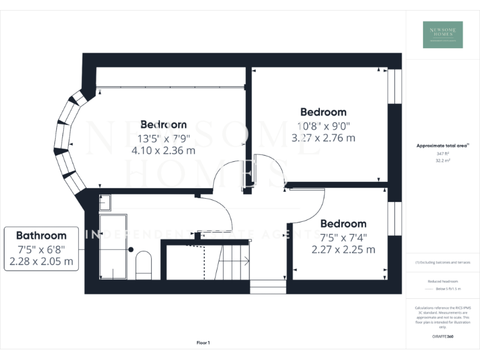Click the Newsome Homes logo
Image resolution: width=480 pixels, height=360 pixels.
coord(442,34)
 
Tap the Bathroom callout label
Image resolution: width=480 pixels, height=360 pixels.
coord(41,236)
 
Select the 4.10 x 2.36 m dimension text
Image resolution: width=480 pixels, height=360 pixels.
coord(163,150)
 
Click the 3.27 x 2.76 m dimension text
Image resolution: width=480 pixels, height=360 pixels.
coord(323,137)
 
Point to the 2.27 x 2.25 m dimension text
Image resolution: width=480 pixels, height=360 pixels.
coord(343,249)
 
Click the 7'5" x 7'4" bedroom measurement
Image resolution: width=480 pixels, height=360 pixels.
coord(343,237)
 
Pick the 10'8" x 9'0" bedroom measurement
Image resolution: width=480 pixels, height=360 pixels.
coord(323,125)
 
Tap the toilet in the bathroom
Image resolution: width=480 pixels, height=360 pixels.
coord(143,264)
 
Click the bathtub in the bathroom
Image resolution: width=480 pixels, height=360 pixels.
coord(113,246)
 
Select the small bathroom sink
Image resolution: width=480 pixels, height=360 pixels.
coord(105,201)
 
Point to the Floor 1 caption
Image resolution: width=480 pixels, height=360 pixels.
coord(203,342)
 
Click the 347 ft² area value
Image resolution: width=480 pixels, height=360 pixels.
coord(442,153)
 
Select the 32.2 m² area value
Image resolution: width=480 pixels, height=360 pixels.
coord(442,160)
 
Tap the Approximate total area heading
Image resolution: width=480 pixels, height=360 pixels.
coord(441,146)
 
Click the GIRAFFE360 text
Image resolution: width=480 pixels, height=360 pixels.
coord(442,337)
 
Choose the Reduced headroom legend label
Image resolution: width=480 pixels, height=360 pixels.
coord(442,281)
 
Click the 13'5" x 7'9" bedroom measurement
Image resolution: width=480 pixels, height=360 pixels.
coord(163,137)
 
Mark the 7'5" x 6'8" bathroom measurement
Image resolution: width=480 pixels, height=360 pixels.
coord(41,249)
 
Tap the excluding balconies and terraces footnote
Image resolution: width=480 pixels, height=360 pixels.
coord(442,262)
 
